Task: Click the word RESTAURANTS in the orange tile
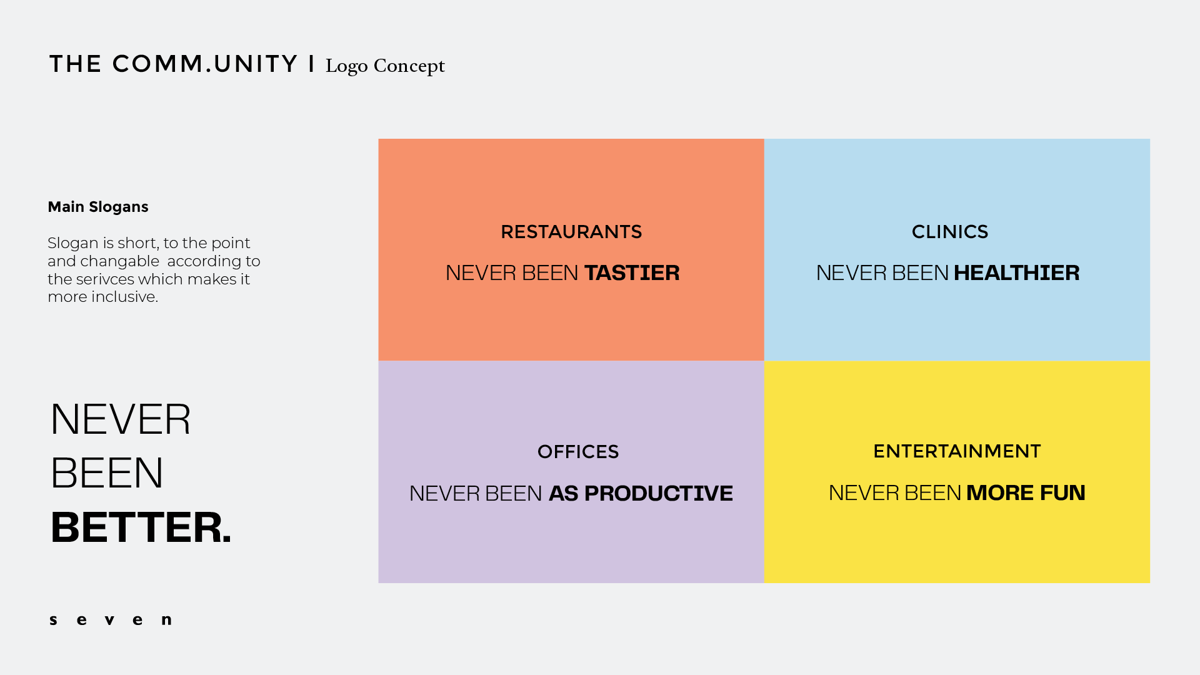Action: pyautogui.click(x=571, y=232)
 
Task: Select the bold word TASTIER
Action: pyautogui.click(x=632, y=273)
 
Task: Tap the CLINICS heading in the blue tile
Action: pyautogui.click(x=950, y=232)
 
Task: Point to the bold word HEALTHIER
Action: pyautogui.click(x=1017, y=273)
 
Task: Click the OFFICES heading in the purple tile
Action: pyautogui.click(x=578, y=452)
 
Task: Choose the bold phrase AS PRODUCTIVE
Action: pyautogui.click(x=641, y=494)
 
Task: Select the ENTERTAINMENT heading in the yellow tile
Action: pyautogui.click(x=957, y=451)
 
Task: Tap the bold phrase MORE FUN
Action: pyautogui.click(x=1026, y=493)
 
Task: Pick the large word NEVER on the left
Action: pyautogui.click(x=121, y=419)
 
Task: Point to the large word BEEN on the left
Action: pyautogui.click(x=107, y=473)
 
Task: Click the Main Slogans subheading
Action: pyautogui.click(x=98, y=207)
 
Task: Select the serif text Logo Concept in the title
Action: pyautogui.click(x=385, y=66)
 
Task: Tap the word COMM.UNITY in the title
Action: pyautogui.click(x=205, y=64)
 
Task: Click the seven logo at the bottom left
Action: pyautogui.click(x=111, y=620)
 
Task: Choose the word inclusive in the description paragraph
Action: pyautogui.click(x=124, y=297)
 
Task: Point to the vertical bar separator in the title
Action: pyautogui.click(x=311, y=64)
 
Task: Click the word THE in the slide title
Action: pyautogui.click(x=76, y=64)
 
